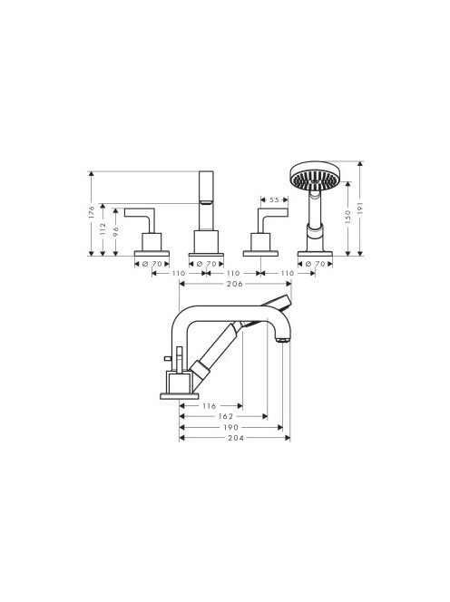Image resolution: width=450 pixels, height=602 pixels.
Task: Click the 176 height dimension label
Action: coord(91,212)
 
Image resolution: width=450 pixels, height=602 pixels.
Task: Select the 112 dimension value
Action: coord(103,228)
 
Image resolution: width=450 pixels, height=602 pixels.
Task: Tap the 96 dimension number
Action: coord(115,231)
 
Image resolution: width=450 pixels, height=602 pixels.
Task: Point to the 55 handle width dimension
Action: coord(274,199)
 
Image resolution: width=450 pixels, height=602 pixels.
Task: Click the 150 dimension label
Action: coord(348,217)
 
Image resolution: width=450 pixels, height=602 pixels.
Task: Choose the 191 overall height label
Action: coord(360,209)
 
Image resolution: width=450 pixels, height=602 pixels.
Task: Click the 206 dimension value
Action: coord(235,284)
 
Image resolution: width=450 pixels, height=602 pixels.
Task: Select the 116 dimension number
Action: coord(210,406)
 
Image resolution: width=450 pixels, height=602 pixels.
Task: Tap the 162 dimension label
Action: coord(226,416)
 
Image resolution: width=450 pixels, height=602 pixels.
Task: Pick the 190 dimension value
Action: coord(231,427)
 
